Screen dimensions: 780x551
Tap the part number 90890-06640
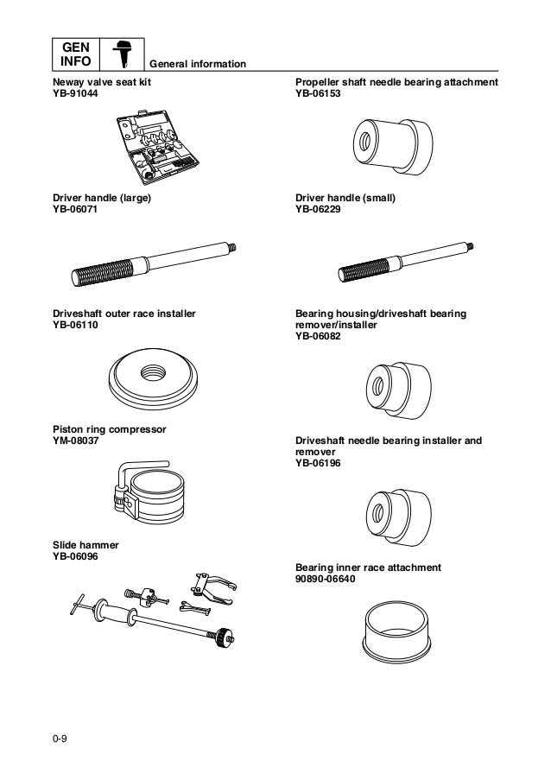pyautogui.click(x=326, y=579)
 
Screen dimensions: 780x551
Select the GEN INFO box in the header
pyautogui.click(x=73, y=54)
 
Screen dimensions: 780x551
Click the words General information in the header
pyautogui.click(x=198, y=65)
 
